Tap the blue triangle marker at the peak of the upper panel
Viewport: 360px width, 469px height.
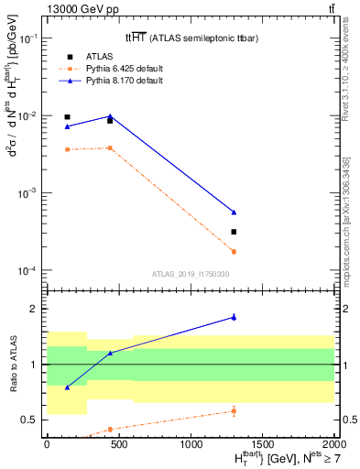click(110, 115)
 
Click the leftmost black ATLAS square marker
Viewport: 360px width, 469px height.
click(67, 117)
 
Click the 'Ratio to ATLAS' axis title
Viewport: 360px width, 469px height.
click(11, 364)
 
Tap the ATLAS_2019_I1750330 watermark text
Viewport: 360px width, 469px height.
click(190, 274)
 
